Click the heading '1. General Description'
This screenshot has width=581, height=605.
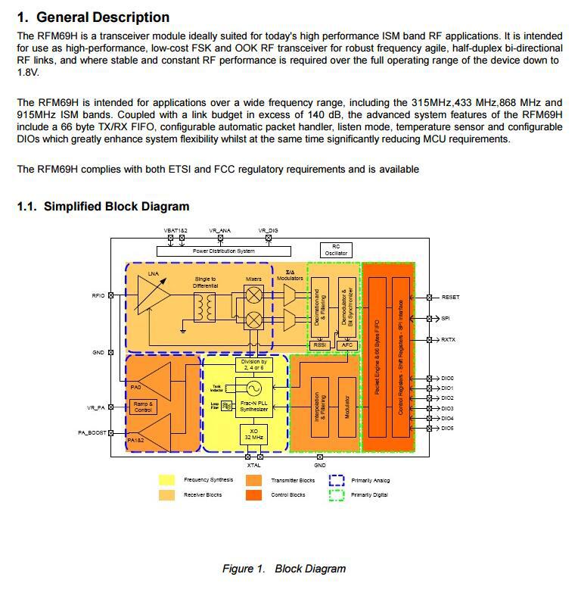click(93, 17)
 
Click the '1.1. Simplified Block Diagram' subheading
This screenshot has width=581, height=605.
click(103, 206)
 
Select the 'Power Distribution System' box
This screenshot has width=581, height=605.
click(223, 251)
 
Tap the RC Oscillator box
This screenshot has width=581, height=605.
click(336, 250)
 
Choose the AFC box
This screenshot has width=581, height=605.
click(347, 345)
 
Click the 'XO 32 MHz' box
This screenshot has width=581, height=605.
click(253, 434)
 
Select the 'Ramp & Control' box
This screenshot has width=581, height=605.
click(143, 407)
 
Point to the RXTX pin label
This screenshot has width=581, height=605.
click(449, 339)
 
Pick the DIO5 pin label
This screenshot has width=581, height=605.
click(447, 429)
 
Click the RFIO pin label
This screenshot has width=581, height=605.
click(98, 295)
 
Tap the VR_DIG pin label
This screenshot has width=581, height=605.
click(268, 230)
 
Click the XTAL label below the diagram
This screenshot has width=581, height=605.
click(253, 465)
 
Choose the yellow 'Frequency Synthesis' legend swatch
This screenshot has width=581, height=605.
click(167, 479)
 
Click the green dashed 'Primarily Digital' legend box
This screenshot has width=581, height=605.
click(337, 494)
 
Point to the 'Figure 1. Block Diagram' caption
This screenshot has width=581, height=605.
click(284, 569)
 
